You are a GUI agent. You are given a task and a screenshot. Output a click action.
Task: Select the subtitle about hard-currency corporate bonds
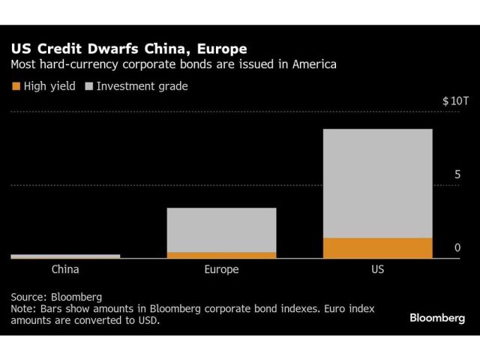pos(173,65)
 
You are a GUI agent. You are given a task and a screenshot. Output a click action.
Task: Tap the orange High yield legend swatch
pos(16,86)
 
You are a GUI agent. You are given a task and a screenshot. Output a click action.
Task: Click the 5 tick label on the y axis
pos(457,175)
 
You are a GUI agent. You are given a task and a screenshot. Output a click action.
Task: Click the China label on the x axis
pos(65,269)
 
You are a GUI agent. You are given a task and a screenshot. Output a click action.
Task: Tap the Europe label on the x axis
pos(221,269)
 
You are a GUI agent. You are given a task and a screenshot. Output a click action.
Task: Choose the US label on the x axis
pos(377,269)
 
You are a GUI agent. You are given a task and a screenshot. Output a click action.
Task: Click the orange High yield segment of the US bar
pos(377,248)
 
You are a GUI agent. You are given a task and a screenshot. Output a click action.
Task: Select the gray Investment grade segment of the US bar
pos(377,183)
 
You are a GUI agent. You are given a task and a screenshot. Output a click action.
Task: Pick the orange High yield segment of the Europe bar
pos(221,255)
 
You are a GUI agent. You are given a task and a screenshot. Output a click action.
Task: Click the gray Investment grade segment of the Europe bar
pos(221,229)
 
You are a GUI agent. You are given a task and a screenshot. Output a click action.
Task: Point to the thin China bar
pos(65,256)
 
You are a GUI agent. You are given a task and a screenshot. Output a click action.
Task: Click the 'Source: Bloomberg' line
pos(56,296)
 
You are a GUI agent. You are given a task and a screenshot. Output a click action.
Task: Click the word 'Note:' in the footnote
pos(24,308)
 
